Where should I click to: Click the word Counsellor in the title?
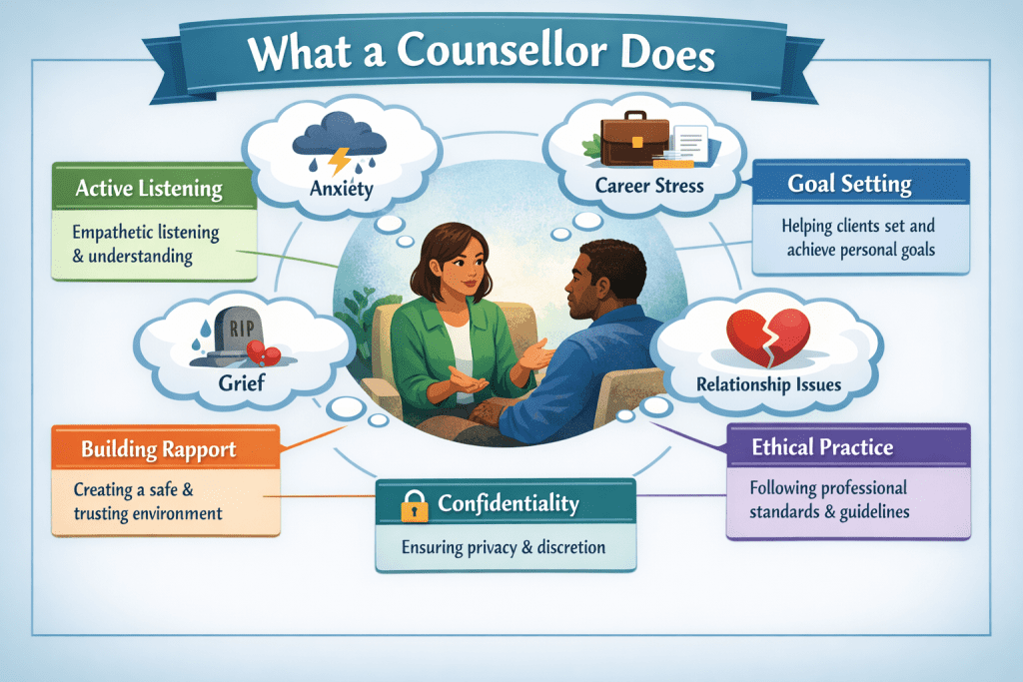(502, 50)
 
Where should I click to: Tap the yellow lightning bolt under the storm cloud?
(340, 161)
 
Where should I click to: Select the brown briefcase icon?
(634, 138)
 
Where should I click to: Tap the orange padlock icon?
(415, 506)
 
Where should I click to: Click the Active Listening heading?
(149, 189)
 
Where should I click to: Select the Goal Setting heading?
(849, 184)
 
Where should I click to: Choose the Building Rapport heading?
(159, 449)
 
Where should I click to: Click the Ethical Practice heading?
(822, 446)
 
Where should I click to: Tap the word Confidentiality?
(509, 503)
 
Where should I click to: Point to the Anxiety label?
(342, 189)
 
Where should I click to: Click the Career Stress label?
(649, 186)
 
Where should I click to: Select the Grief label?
(242, 382)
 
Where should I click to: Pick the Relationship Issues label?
(768, 384)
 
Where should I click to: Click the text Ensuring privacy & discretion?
(504, 547)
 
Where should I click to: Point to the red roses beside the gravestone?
(263, 353)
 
